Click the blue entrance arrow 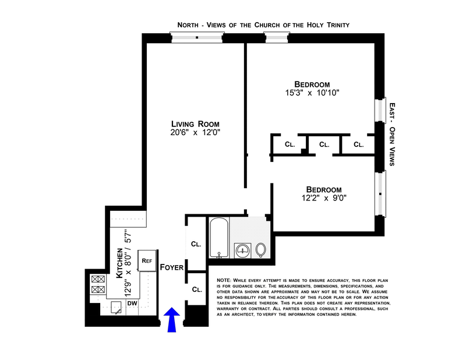pyautogui.click(x=171, y=321)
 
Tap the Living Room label pyautogui.click(x=195, y=124)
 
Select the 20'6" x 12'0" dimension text pyautogui.click(x=195, y=133)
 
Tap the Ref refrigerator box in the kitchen pyautogui.click(x=146, y=260)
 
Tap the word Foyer pyautogui.click(x=172, y=267)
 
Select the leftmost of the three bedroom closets pyautogui.click(x=290, y=144)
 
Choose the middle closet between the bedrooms pyautogui.click(x=324, y=144)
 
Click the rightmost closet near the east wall pyautogui.click(x=358, y=144)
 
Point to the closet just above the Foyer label pyautogui.click(x=196, y=244)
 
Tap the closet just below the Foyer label pyautogui.click(x=196, y=289)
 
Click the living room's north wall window pyautogui.click(x=197, y=37)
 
